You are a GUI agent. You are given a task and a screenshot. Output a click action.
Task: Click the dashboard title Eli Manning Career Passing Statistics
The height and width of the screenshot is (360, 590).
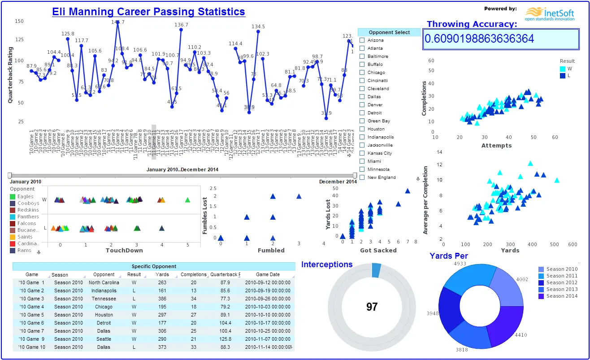[148, 12]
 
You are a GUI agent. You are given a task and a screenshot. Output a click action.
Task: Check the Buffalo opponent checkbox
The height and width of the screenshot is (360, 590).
[362, 65]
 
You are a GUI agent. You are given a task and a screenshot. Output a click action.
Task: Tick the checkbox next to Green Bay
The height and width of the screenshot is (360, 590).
[362, 121]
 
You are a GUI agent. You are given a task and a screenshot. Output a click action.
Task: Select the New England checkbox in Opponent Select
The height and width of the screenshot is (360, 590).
[362, 178]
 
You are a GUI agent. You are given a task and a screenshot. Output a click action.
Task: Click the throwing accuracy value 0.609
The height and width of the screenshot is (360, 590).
[479, 39]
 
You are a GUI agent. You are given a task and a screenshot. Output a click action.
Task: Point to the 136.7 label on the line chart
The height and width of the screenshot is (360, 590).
[181, 25]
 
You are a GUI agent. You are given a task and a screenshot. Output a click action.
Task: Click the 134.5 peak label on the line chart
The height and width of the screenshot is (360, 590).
[258, 27]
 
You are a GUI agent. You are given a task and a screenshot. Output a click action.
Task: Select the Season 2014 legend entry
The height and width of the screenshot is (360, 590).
[562, 296]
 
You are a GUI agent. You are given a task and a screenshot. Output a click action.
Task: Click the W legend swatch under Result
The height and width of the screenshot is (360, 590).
[563, 69]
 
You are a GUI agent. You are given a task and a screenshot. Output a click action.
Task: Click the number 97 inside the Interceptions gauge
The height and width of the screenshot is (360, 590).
[372, 307]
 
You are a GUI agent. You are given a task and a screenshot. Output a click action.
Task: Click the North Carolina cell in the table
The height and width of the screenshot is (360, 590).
[104, 283]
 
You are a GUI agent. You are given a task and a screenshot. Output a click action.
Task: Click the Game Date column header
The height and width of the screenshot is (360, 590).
[268, 274]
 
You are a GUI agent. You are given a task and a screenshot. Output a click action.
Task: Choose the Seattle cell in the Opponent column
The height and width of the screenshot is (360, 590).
[104, 339]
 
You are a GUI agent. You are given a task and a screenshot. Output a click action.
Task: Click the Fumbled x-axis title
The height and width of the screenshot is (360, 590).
[271, 250]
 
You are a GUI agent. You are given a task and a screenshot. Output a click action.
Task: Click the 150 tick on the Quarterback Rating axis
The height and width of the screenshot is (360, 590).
[19, 21]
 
